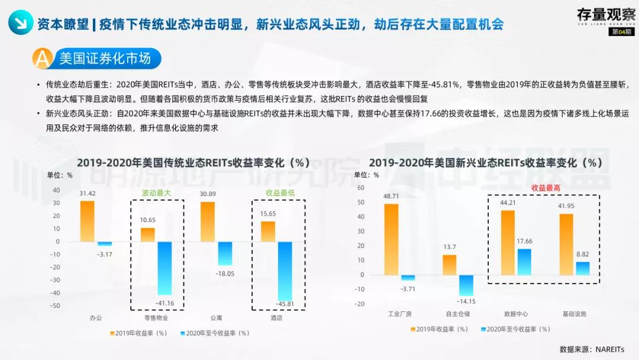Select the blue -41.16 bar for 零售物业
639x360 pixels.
click(164, 268)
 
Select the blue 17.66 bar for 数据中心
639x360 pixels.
click(524, 261)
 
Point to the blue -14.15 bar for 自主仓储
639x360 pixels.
click(466, 285)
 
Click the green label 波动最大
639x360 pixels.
click(156, 193)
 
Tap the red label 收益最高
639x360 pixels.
click(546, 187)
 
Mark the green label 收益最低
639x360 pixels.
click(280, 193)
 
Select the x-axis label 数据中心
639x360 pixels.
click(517, 313)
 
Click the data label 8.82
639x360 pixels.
click(583, 255)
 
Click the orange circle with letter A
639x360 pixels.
click(43, 59)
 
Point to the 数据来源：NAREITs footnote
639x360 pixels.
click(592, 349)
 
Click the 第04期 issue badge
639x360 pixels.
click(621, 31)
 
